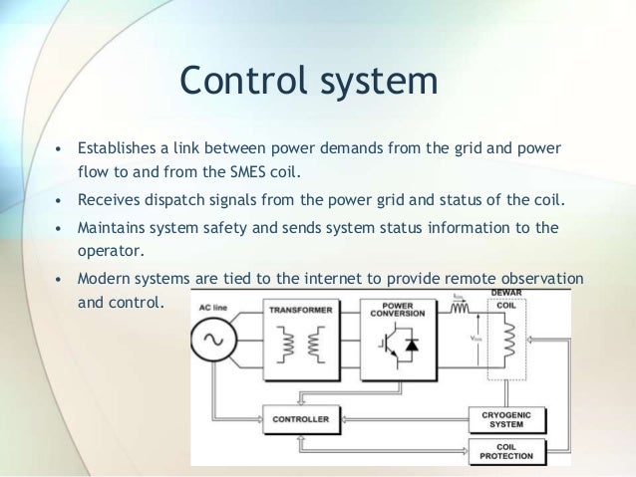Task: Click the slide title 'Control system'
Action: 308,82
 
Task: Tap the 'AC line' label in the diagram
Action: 213,308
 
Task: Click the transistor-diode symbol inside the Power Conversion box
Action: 396,349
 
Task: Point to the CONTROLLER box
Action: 300,419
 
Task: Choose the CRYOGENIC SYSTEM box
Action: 506,418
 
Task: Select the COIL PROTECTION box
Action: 506,452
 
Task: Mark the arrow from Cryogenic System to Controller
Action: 399,413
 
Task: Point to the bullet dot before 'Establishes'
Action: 58,148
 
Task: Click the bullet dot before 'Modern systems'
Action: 58,277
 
